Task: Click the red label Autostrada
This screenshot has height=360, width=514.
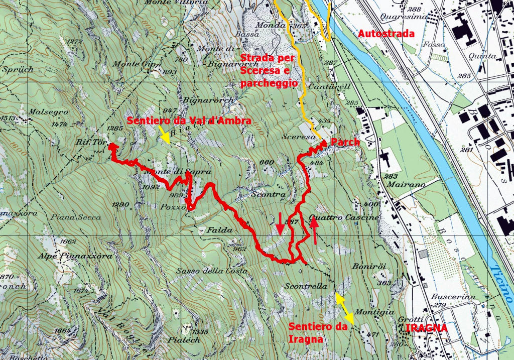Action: click(387, 34)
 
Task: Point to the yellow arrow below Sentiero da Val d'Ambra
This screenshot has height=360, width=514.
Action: click(164, 135)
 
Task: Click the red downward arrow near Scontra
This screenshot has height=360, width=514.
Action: click(280, 223)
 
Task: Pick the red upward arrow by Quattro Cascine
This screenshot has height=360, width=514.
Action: click(314, 232)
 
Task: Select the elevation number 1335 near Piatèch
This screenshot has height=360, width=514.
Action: click(199, 332)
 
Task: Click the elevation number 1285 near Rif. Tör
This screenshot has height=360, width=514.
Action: click(115, 129)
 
